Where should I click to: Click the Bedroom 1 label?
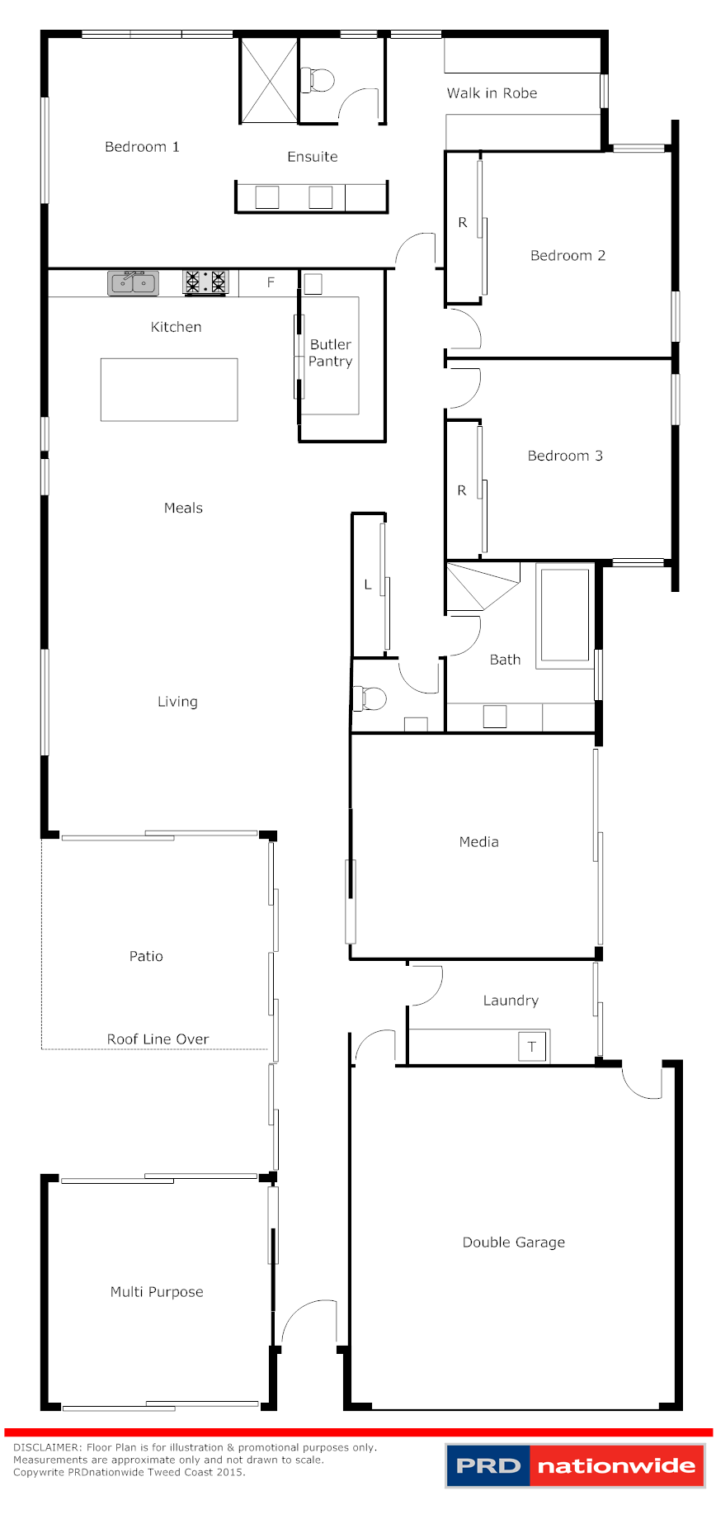[x=142, y=147]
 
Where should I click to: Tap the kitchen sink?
[x=133, y=283]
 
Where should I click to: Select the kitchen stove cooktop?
[x=205, y=282]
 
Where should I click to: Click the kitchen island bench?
[x=169, y=390]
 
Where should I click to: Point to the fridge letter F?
[x=271, y=282]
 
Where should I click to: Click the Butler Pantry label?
[x=331, y=353]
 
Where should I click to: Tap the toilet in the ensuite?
[x=320, y=80]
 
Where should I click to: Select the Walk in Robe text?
[x=492, y=93]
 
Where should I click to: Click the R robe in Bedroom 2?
[x=463, y=223]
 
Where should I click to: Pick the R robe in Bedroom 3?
[x=462, y=490]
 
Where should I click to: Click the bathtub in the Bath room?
[x=565, y=615]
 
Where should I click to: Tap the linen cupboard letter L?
[x=368, y=585]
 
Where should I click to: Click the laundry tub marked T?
[x=532, y=1047]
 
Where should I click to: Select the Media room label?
[x=478, y=842]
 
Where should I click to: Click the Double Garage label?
[x=513, y=1242]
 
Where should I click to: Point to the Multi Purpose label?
[x=157, y=1292]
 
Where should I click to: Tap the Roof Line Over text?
[x=158, y=1039]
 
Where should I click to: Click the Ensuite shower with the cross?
[x=268, y=80]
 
